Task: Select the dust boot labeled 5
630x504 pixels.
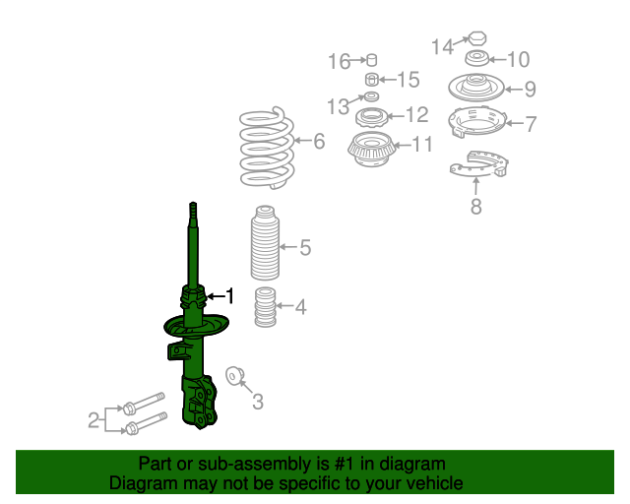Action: coord(265,243)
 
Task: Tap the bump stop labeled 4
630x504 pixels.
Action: coord(265,307)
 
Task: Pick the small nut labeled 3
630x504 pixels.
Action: coord(234,376)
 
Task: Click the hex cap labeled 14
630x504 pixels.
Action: coord(477,39)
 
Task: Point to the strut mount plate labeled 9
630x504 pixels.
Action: coord(476,88)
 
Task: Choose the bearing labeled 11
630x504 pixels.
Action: coord(371,149)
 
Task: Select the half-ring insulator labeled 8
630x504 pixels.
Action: coord(479,164)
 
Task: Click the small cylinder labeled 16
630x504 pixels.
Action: coord(372,59)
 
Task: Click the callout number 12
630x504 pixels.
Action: coord(417,115)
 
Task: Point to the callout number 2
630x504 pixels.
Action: coord(94,420)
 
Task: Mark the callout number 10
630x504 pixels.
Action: coord(519,59)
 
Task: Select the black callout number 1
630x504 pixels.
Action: coord(229,296)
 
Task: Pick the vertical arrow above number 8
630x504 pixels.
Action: coord(476,187)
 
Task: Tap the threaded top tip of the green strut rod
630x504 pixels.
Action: coord(193,206)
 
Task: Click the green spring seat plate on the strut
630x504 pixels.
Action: coord(197,325)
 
